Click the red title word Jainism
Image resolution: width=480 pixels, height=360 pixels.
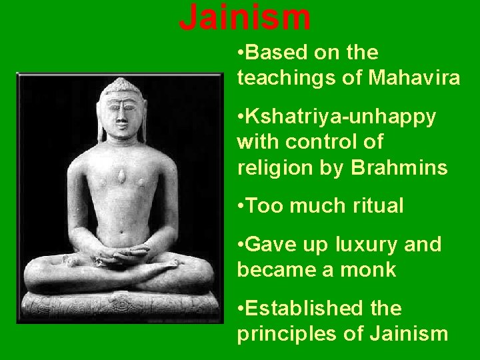click(245, 18)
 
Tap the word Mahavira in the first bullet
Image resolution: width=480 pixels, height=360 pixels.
click(413, 78)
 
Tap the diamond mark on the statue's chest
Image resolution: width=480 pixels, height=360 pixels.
click(122, 175)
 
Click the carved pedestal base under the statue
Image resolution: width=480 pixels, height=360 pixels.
click(120, 307)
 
